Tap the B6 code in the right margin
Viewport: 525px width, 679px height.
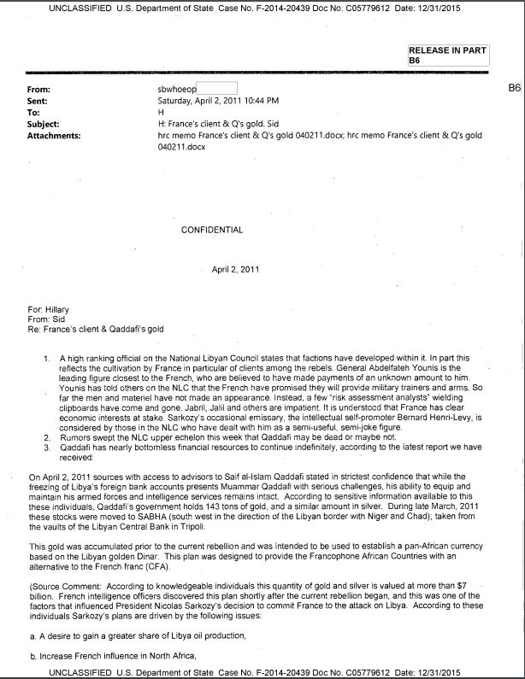click(x=514, y=88)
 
